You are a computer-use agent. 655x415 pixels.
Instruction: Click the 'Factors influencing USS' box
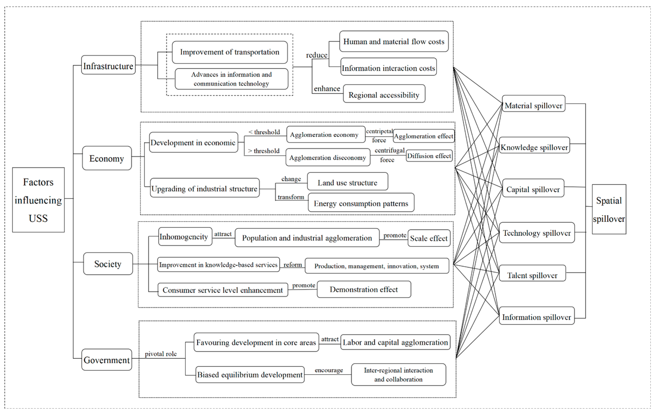tap(38, 200)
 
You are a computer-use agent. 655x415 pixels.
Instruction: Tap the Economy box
tap(107, 158)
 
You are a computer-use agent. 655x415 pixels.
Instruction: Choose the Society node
tap(108, 264)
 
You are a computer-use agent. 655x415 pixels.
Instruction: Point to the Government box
tap(107, 360)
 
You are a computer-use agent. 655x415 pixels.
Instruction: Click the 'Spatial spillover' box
tap(609, 209)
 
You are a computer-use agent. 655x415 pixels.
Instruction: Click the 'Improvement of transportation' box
tap(230, 52)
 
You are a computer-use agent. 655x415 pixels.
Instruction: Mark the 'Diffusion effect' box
tap(429, 156)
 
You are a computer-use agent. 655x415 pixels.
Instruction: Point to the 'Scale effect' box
tap(429, 238)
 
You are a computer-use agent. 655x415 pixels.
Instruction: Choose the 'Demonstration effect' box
tap(364, 289)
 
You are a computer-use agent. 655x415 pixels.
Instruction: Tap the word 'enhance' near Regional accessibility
tap(327, 89)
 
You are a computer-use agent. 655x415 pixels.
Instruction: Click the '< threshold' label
tap(264, 132)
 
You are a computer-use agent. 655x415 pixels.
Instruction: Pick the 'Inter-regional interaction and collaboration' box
tap(398, 375)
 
